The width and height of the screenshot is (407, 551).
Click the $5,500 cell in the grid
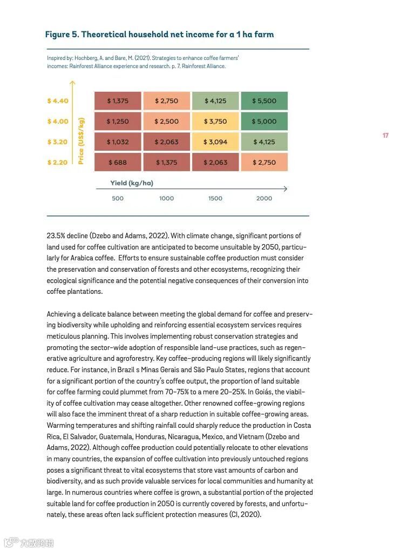tap(264, 101)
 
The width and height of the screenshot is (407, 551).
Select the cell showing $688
tap(118, 163)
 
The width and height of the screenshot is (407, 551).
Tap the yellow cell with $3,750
tap(215, 122)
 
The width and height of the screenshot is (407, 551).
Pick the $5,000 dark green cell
tap(264, 122)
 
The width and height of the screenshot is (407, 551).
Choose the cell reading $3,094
tap(215, 142)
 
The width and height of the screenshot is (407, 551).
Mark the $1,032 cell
tap(118, 142)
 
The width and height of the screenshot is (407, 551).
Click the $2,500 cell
tap(166, 122)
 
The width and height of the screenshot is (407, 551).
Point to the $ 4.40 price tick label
tap(58, 101)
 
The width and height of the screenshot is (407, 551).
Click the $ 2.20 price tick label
tap(58, 163)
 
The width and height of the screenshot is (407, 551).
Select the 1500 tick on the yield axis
tap(215, 198)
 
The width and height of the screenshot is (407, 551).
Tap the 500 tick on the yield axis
tap(118, 198)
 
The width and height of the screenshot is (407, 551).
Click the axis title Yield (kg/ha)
tap(132, 183)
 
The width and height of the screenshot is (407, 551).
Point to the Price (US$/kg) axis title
tap(82, 140)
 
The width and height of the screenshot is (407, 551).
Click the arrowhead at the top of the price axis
tap(72, 83)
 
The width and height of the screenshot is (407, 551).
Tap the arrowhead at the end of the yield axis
tap(285, 189)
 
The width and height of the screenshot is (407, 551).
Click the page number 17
tap(385, 136)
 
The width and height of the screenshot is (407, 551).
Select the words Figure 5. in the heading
tap(62, 35)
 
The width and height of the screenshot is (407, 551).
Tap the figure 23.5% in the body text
tap(56, 236)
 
